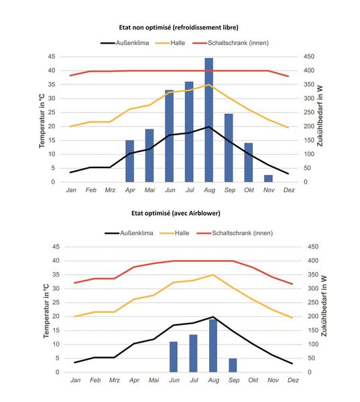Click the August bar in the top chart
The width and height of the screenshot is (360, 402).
click(x=209, y=121)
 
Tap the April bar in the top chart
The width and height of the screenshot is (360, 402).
click(x=129, y=161)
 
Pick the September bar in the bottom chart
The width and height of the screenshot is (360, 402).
click(x=233, y=365)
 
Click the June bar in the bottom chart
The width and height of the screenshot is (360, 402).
click(x=174, y=356)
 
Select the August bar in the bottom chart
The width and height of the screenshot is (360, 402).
click(x=213, y=346)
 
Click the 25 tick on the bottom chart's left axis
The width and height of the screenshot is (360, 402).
click(x=57, y=302)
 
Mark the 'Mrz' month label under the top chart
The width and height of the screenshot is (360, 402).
click(x=110, y=190)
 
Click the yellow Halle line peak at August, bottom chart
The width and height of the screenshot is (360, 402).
click(x=213, y=275)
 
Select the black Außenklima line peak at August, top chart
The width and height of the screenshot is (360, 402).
click(x=209, y=127)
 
